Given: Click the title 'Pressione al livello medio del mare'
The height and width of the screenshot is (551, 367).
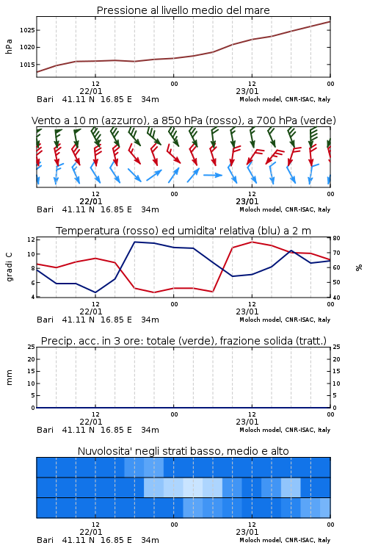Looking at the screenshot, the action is coord(183,10).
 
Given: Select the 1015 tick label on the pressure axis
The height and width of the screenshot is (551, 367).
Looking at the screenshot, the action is coord(27,65).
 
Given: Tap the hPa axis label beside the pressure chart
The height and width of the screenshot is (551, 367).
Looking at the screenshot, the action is coord(9,46).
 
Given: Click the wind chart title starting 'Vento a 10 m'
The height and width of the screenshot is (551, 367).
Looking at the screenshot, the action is coord(183,120).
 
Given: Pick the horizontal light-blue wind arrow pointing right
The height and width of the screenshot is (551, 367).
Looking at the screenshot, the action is coord(213,175).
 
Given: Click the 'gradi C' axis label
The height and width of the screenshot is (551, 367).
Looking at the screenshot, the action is coord(10,267).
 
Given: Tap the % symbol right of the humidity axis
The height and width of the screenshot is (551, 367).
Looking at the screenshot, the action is coord(359,267).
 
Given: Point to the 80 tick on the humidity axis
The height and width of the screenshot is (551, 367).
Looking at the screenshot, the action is coord(336,238).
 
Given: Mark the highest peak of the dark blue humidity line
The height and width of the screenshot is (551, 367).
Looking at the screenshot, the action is coord(135,242).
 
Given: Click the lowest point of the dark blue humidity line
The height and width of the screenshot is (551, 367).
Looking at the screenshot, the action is coord(95,292).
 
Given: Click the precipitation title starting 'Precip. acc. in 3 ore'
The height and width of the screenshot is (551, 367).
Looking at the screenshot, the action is coord(183,341).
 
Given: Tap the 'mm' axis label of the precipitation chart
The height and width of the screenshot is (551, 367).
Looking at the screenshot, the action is coord(9,378).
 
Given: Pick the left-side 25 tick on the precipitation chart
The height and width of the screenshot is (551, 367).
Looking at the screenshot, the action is coord(31,347).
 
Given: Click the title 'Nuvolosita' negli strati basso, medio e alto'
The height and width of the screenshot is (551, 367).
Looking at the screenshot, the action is coord(183,451).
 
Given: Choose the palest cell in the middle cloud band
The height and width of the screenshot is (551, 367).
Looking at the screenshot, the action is coord(193,487).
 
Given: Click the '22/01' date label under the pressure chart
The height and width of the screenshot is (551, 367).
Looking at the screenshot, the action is coord(91,91).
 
